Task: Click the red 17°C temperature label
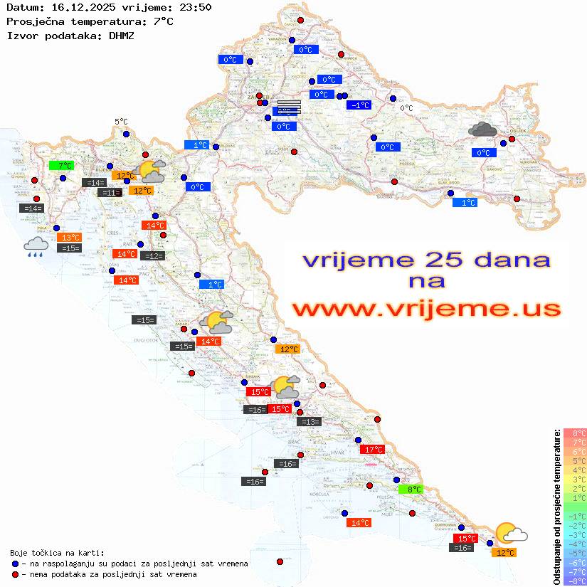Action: [x=372, y=450]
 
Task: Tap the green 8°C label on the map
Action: [x=413, y=490]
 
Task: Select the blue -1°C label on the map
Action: [x=359, y=105]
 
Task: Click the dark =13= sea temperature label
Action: [x=309, y=422]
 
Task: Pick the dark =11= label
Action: [x=109, y=193]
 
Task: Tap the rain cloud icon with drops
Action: [x=36, y=247]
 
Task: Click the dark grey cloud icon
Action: [x=483, y=129]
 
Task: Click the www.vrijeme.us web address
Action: [x=426, y=310]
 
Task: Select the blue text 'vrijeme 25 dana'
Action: [x=426, y=260]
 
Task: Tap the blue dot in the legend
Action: [x=16, y=564]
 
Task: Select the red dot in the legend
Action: [x=16, y=574]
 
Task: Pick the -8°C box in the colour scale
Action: [x=575, y=581]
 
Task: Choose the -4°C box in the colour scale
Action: [x=575, y=544]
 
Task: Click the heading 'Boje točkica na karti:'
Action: [x=57, y=552]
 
